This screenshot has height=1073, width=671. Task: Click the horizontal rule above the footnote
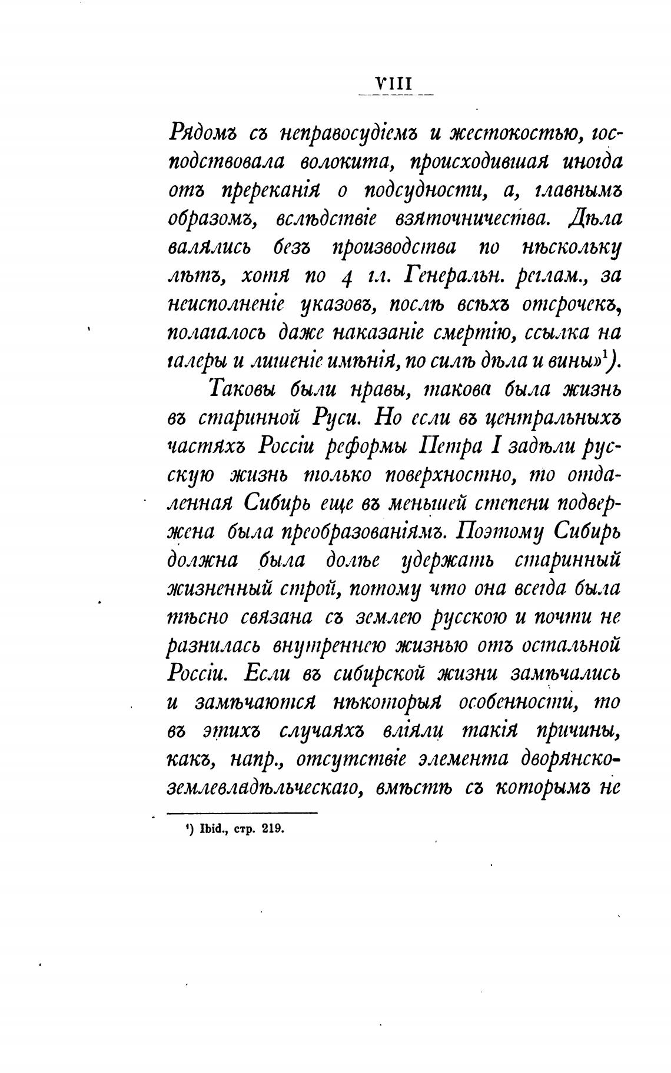tap(243, 813)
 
